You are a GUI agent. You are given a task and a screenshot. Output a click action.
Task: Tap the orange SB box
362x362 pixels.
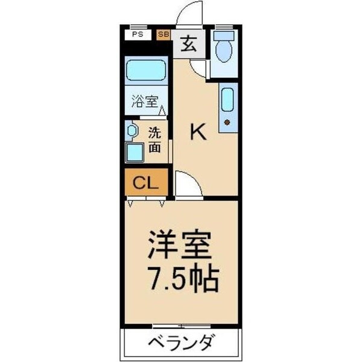coord(164,35)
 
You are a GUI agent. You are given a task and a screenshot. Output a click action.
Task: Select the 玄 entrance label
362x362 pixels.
coord(189,44)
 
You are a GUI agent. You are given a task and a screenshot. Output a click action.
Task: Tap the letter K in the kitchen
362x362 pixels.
coord(198,132)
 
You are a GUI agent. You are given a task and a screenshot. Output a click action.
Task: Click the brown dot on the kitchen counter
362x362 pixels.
coord(227,122)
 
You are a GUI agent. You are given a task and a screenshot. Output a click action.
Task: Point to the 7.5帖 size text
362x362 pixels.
coord(182,278)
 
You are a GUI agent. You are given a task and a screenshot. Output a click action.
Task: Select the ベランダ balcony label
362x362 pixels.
coord(180,344)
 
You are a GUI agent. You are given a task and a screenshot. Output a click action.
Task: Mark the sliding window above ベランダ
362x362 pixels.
coord(181,326)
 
